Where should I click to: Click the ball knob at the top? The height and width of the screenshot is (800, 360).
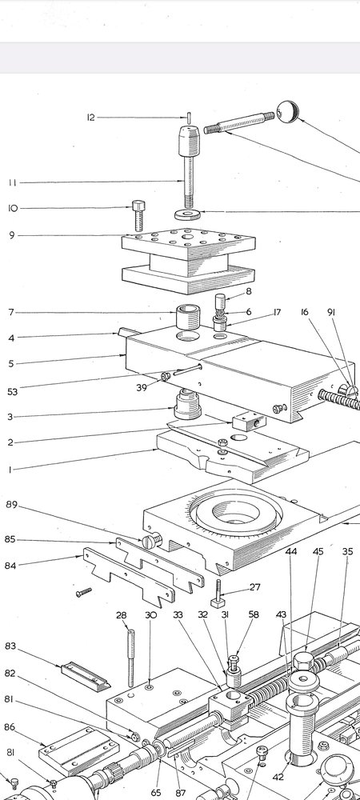pos(287,112)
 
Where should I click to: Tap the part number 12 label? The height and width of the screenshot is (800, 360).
pos(90,118)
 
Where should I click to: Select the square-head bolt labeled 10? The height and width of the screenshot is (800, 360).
pos(138,215)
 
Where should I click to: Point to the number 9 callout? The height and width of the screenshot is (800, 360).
pos(12,235)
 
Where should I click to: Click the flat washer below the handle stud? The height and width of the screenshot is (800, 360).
pos(187,214)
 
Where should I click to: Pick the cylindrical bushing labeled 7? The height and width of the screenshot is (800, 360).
pos(188,318)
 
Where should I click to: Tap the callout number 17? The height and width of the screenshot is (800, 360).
pos(277,312)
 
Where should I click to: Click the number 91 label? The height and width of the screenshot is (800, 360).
pos(331,312)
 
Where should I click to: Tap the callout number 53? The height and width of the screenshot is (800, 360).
pos(12,392)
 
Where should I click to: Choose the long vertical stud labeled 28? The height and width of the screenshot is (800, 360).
pos(131,658)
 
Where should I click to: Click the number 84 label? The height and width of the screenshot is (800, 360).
pos(10,566)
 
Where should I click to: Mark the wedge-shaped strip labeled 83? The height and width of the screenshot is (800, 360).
pos(86,675)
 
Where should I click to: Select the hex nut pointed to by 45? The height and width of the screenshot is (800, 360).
pos(303,661)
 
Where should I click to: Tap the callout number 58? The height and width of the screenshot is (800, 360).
pos(254,614)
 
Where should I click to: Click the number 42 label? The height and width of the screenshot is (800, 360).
pos(278,777)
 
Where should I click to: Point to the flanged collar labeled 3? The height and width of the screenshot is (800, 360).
pos(187,404)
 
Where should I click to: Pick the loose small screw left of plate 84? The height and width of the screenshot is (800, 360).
pos(84,592)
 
